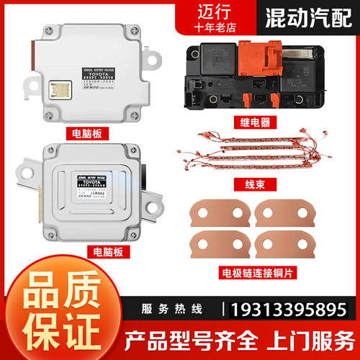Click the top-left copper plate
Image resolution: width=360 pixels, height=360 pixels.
coord(215,215)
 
